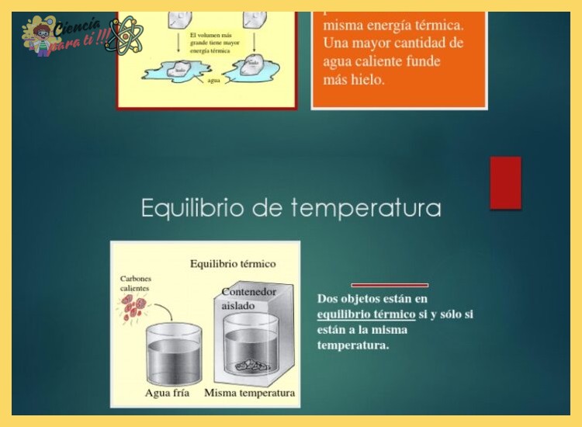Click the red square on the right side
click(505, 182)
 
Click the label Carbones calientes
click(137, 283)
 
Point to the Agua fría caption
click(168, 393)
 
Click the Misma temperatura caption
click(249, 393)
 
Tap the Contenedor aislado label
click(248, 299)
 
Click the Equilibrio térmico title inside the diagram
click(233, 264)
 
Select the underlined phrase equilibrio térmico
click(366, 314)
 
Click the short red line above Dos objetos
click(390, 285)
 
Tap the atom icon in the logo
click(124, 35)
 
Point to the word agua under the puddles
click(214, 81)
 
